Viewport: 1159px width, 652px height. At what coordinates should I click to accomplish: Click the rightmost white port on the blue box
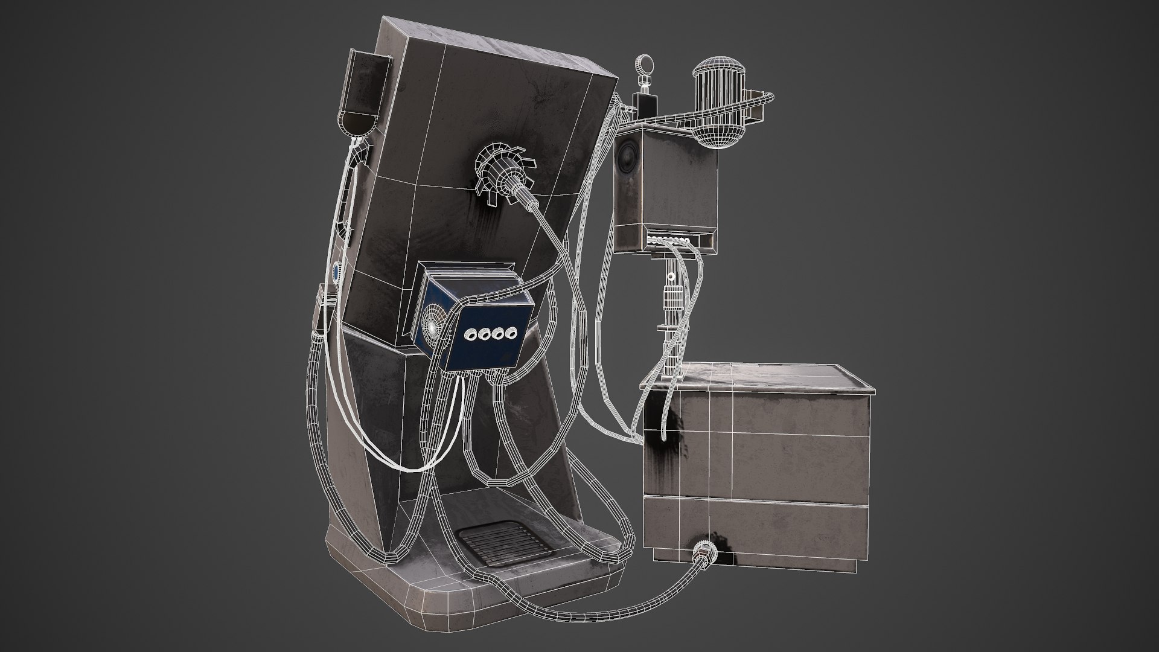512,330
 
